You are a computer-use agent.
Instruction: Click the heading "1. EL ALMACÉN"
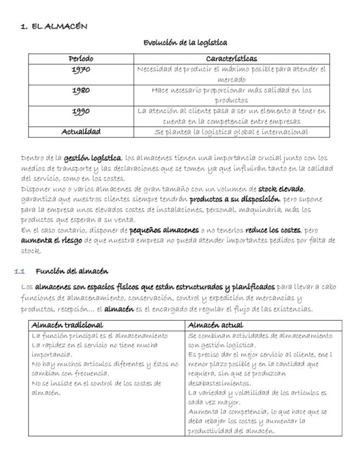[53, 26]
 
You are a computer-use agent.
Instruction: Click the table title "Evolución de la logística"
[185, 43]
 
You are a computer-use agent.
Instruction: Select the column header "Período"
[81, 59]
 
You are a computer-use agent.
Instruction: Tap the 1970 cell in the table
[81, 70]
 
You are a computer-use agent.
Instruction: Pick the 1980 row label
[81, 90]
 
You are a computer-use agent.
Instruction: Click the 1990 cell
[81, 111]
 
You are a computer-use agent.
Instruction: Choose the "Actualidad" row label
[81, 132]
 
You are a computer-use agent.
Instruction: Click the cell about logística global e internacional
[231, 132]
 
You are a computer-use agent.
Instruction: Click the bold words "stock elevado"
[281, 189]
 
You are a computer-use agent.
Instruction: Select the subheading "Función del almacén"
[71, 271]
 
